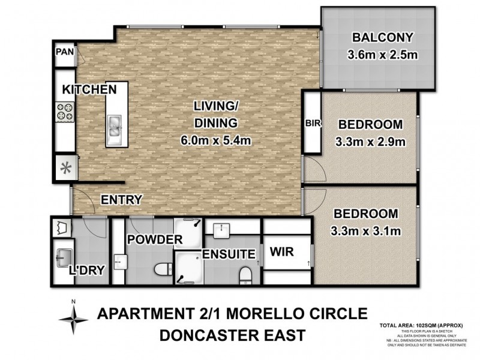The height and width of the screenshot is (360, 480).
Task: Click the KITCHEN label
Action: [89, 89]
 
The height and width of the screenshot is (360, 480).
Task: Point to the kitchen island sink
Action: [115, 127]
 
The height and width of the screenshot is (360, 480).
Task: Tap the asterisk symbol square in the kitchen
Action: [65, 167]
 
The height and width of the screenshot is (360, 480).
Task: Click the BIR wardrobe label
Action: [312, 124]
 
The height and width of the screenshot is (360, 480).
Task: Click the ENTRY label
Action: [121, 200]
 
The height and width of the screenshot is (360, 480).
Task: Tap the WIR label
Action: [281, 252]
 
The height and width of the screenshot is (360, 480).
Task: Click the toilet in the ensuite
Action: [244, 275]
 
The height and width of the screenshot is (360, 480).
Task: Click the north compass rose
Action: [73, 317]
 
